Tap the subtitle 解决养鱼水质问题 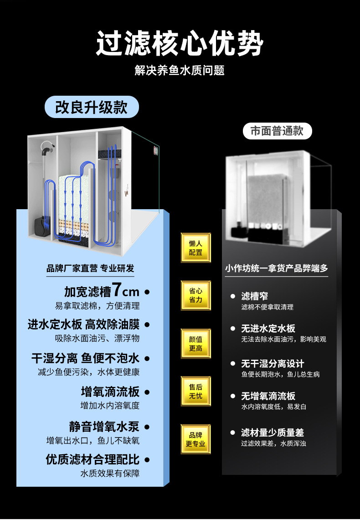coord(180,71)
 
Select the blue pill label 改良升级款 coord(91,108)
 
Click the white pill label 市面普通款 coord(277,131)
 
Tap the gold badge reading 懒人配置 coord(195,247)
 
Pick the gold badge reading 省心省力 coord(195,295)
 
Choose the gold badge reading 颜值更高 coord(195,344)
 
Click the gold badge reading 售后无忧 coord(195,391)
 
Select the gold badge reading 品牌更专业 coord(195,439)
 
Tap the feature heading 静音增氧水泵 coord(104,427)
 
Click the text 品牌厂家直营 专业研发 coord(90,268)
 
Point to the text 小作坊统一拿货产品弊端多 coord(276,268)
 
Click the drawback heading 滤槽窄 coord(254,296)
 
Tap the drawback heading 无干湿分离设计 coord(272,364)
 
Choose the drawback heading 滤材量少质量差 coord(272,432)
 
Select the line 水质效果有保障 coord(110,473)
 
